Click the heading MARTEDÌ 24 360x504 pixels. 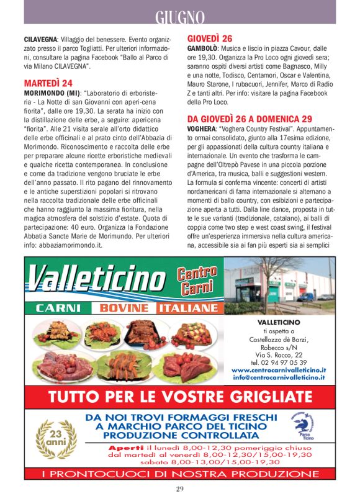tap(48, 83)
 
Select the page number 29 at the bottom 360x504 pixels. tap(179, 488)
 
